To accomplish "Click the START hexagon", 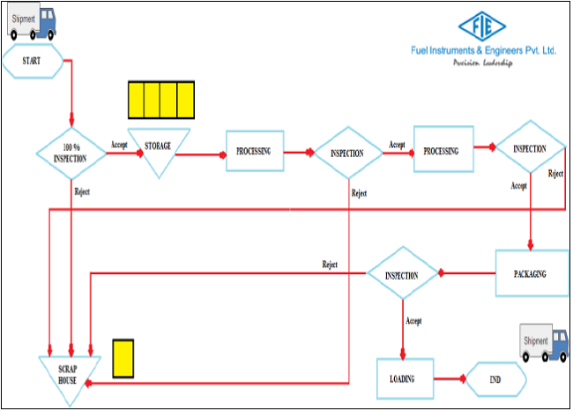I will [x=33, y=61].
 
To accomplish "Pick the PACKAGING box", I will [x=529, y=273].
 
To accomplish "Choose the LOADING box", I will [x=406, y=379].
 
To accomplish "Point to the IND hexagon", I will [x=495, y=379].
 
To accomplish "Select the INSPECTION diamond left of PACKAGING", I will [x=402, y=274].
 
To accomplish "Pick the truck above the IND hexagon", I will [x=543, y=342].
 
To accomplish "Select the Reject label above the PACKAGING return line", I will [x=330, y=265].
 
